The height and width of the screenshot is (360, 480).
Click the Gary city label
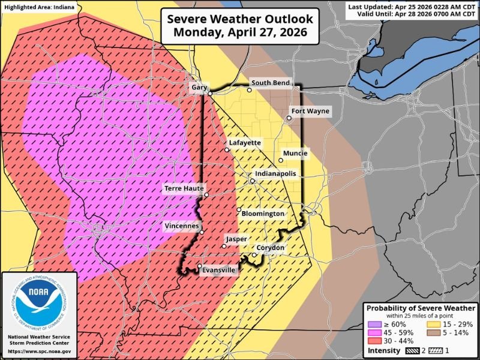pos(199,87)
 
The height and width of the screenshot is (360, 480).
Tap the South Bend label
pos(270,83)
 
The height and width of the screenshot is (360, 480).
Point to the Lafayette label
pos(244,143)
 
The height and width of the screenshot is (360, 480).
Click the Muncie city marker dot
pos(281,160)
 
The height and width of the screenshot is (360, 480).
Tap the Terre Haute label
pos(183,188)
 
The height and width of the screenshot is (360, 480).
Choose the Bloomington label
pos(263,214)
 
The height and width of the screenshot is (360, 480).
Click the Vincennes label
pos(182,226)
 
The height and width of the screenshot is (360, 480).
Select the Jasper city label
pos(236,239)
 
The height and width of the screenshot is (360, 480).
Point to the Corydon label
pos(270,248)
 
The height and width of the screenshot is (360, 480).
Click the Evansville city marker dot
pos(200,266)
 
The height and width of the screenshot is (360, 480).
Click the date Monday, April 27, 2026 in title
pos(240,33)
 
